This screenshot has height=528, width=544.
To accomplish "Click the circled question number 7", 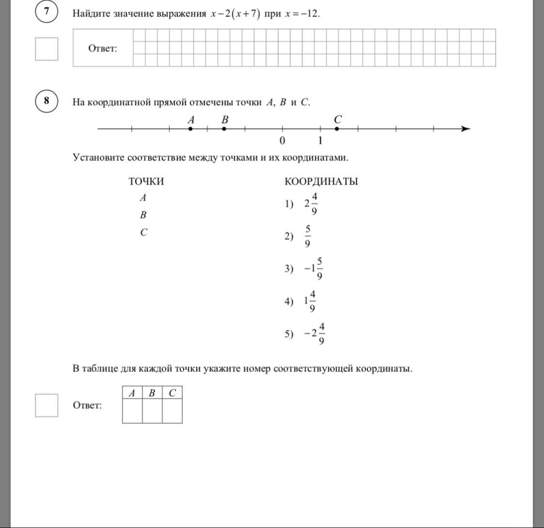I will [x=47, y=12].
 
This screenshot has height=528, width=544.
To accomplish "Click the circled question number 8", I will [x=47, y=101].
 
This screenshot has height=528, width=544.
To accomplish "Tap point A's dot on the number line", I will [x=191, y=129].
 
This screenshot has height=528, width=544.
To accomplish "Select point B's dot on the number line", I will [x=224, y=129].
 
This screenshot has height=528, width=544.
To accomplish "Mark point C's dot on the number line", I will [x=337, y=129].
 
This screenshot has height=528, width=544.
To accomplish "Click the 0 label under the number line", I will [x=282, y=141].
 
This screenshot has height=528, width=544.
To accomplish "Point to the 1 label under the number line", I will [x=320, y=141].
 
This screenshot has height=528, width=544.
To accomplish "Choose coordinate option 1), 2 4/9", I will [x=311, y=204].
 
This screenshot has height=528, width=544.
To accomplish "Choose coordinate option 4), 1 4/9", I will [x=311, y=302].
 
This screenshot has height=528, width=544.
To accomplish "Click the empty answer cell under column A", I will [x=132, y=411].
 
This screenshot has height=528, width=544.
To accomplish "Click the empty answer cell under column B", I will [x=152, y=411].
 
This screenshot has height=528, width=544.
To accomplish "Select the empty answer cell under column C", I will [x=172, y=411].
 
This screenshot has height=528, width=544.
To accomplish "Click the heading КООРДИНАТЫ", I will [x=321, y=182].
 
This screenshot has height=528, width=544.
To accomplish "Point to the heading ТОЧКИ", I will [x=146, y=182].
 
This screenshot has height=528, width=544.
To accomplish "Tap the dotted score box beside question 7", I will [x=47, y=49].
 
